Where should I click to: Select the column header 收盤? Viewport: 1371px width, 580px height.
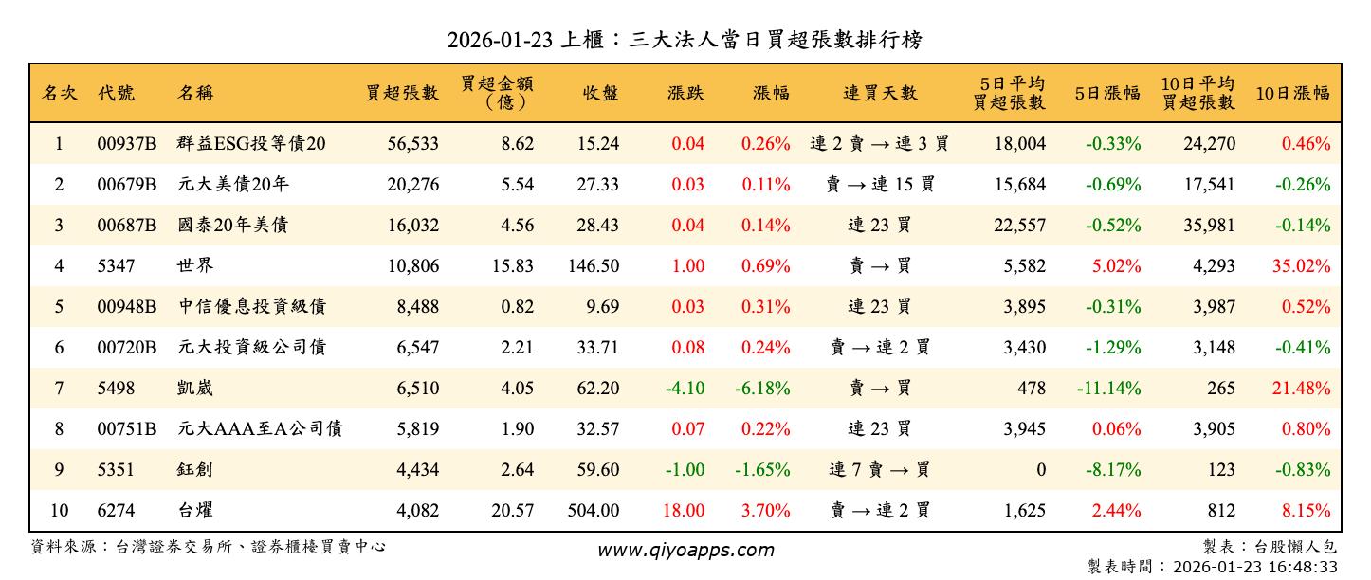(x=600, y=93)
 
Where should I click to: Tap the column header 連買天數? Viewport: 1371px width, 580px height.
(x=880, y=93)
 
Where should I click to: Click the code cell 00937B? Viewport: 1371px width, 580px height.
(x=126, y=144)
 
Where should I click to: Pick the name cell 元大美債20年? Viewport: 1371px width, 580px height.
(x=232, y=185)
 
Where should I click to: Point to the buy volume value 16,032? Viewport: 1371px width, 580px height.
(x=412, y=226)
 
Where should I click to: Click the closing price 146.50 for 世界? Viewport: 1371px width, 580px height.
(x=594, y=266)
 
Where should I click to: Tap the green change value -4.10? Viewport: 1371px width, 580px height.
(x=685, y=389)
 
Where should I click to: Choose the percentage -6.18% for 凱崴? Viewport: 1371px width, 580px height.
(x=762, y=389)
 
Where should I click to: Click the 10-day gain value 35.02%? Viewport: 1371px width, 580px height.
(x=1301, y=266)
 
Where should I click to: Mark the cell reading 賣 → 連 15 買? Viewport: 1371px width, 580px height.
(x=880, y=185)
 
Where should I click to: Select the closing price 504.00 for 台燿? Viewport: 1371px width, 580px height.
(x=594, y=511)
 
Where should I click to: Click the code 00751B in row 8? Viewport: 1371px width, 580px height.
(x=126, y=429)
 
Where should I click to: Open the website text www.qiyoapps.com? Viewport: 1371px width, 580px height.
(x=685, y=550)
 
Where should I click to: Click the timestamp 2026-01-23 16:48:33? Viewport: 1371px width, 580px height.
(x=1255, y=567)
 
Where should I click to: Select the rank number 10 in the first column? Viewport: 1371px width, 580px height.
(x=59, y=511)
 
